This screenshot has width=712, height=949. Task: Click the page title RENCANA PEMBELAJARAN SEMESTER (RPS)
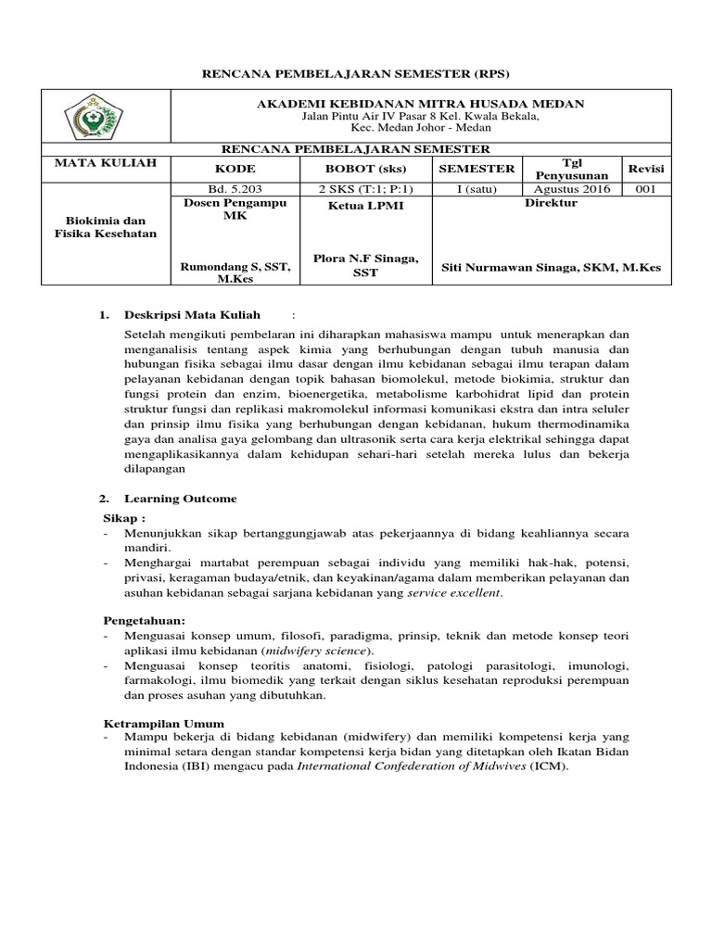[x=356, y=73]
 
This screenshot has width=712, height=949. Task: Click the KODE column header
[x=235, y=169]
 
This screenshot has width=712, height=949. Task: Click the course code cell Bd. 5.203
[x=235, y=189]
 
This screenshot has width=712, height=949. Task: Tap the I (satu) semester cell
[x=476, y=189]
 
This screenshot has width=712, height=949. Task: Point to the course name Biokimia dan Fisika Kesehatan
[x=105, y=227]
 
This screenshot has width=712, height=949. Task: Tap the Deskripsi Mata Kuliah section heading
[x=193, y=315]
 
